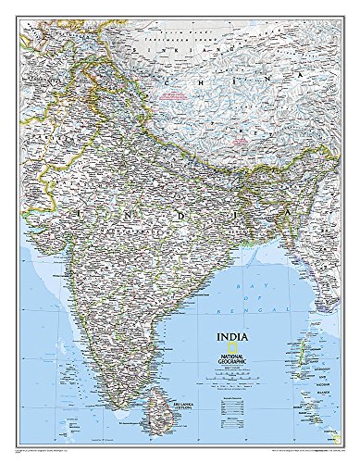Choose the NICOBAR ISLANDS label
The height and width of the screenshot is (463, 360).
click(326, 407)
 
